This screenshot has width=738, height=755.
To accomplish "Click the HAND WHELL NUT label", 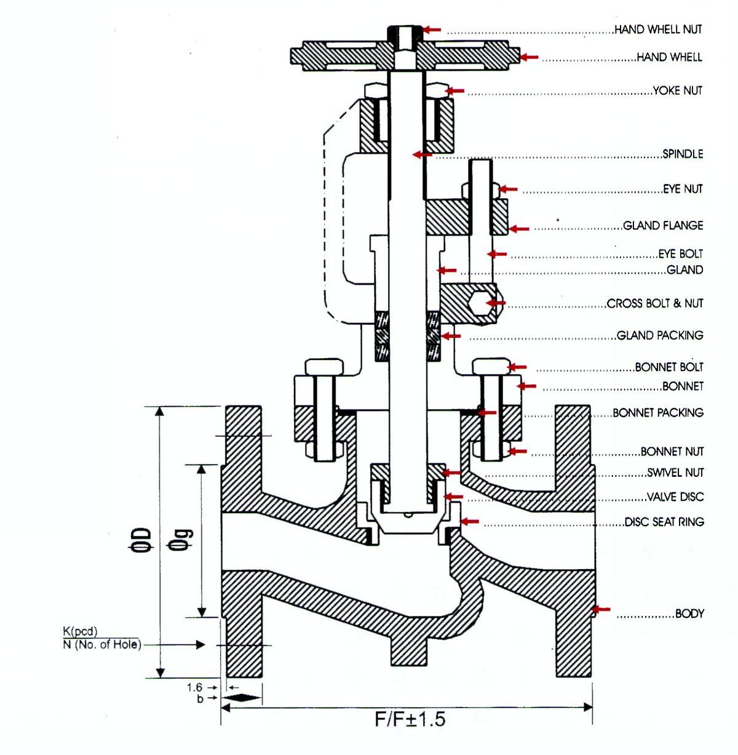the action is pyautogui.click(x=658, y=29).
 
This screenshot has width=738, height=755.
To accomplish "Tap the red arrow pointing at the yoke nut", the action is pyautogui.click(x=454, y=91).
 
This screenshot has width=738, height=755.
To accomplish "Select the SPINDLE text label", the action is pyautogui.click(x=683, y=154).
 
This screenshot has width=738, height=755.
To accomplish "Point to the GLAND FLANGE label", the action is pyautogui.click(x=663, y=225).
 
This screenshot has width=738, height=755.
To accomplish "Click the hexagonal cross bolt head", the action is pyautogui.click(x=481, y=303).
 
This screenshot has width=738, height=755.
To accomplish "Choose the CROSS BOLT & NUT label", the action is pyautogui.click(x=654, y=303).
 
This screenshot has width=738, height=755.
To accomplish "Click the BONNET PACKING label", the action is pyautogui.click(x=657, y=412).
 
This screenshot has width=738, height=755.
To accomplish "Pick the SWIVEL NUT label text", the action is pyautogui.click(x=675, y=472).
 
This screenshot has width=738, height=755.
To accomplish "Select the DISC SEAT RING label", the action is pyautogui.click(x=664, y=522).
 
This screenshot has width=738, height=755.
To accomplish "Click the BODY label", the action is pyautogui.click(x=689, y=613).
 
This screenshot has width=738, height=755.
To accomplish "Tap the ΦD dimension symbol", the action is pyautogui.click(x=140, y=539).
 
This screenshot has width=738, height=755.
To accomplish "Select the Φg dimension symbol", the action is pyautogui.click(x=179, y=540).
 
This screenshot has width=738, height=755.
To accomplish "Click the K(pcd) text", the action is pyautogui.click(x=80, y=631).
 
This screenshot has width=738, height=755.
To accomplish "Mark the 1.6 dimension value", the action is pyautogui.click(x=195, y=687).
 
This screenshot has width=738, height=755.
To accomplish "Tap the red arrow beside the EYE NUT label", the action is pyautogui.click(x=508, y=189).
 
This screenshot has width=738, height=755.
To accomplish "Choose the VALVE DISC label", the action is pyautogui.click(x=675, y=497).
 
